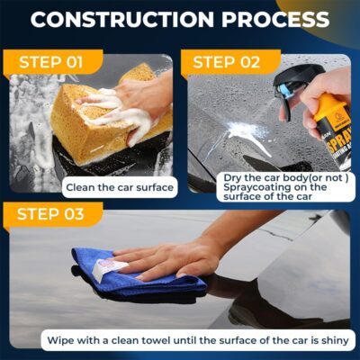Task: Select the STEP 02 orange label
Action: [225, 63]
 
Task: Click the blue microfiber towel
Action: [135, 274]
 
